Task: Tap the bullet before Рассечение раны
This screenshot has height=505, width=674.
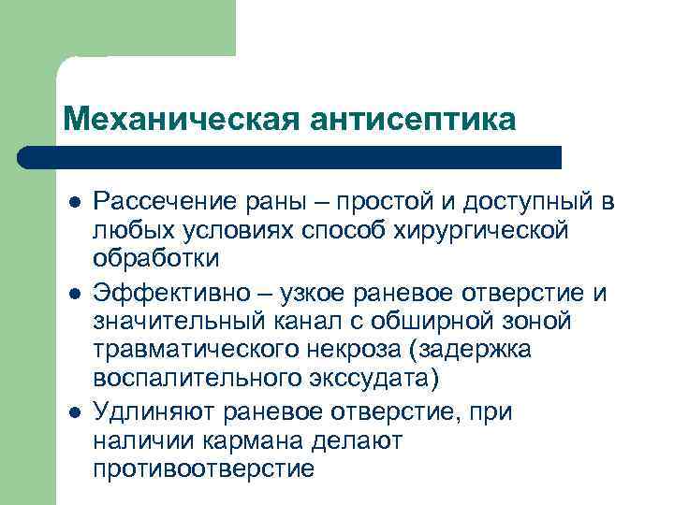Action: click(x=74, y=203)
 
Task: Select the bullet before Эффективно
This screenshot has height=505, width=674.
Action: click(x=74, y=295)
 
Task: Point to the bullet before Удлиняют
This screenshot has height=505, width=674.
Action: click(x=74, y=413)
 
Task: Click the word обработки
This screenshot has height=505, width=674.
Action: click(x=155, y=255)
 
